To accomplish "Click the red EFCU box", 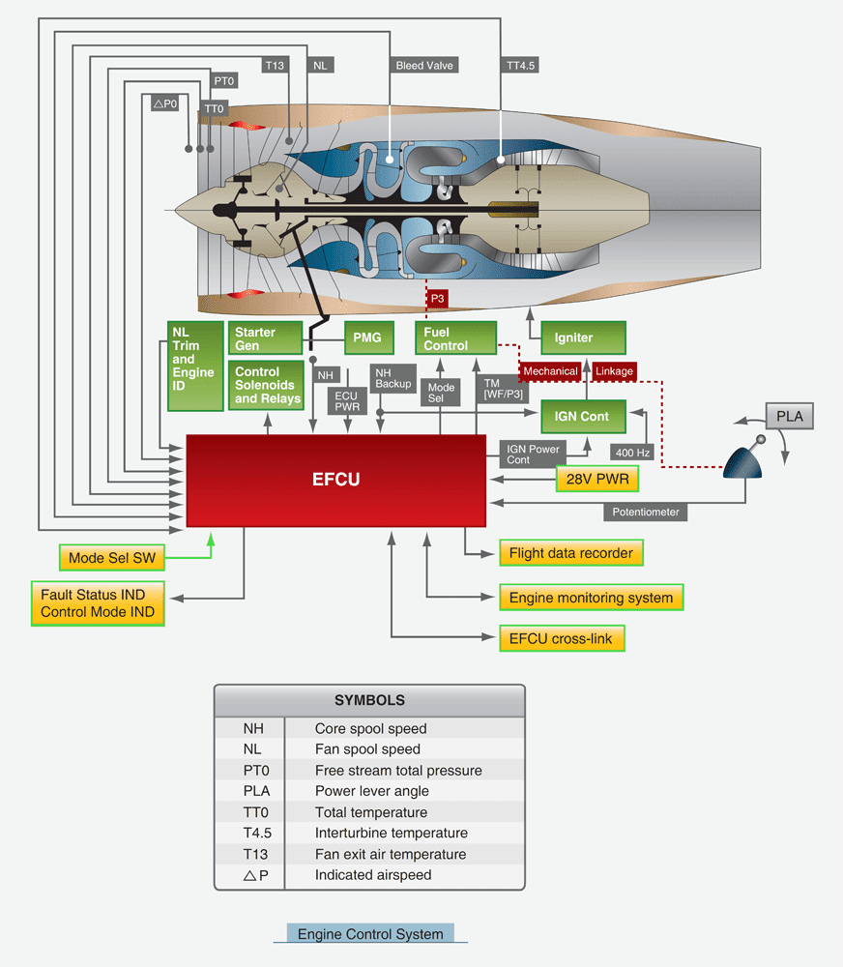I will coord(335,480).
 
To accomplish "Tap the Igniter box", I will coord(583,338).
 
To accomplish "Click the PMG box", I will coord(368,337).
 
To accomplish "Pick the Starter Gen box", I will coord(262,338).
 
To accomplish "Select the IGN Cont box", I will coord(582,417).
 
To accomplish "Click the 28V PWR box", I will coord(597,479).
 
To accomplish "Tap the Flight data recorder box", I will coord(570,553).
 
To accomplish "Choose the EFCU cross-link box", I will coord(561,638).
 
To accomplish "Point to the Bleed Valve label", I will coord(424,66).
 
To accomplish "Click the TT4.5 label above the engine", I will coord(521,66).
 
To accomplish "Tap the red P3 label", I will coord(438,299).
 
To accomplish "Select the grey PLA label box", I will coord(790,417).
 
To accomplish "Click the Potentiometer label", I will coord(646,512).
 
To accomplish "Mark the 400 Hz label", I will coord(632,451).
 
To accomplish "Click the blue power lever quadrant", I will coord(744,461).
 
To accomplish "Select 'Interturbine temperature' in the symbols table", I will coord(391,833).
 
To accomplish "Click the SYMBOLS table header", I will coord(369,700).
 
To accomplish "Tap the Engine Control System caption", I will coord(370,934).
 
